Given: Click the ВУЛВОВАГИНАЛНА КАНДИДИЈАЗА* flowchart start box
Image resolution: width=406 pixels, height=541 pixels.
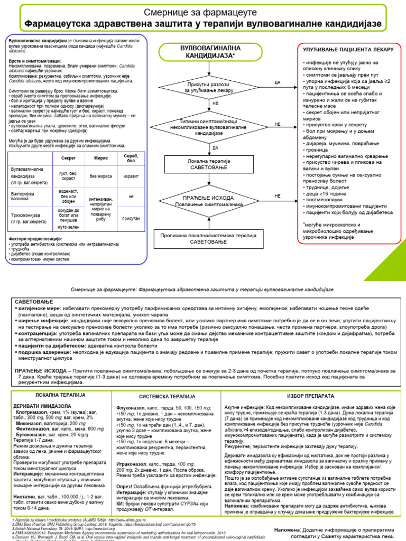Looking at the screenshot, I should click(x=208, y=51).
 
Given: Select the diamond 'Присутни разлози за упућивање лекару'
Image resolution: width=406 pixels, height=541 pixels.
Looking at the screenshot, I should click(x=209, y=87).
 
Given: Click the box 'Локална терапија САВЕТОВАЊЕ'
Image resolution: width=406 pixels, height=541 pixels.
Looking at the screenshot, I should click(x=208, y=163).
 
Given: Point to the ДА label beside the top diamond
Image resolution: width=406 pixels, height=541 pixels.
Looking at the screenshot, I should click(x=278, y=83).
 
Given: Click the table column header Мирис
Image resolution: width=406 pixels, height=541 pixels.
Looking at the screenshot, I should click(x=100, y=158).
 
